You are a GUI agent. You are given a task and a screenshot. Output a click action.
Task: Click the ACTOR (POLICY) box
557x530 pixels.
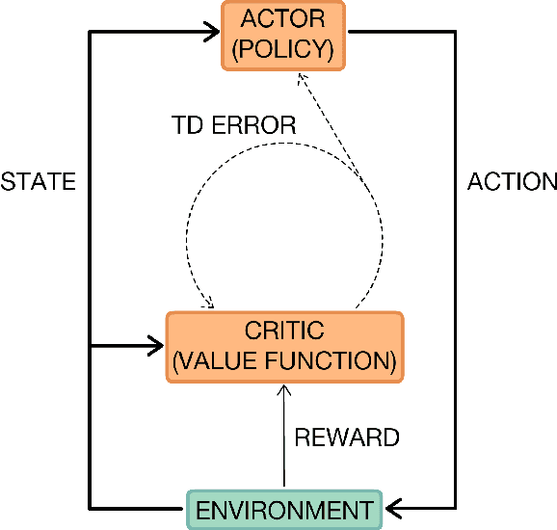tap(283, 35)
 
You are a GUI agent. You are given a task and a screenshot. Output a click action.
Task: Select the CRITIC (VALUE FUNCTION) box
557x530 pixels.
tap(283, 345)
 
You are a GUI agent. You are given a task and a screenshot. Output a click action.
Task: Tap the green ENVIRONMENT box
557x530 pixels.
tap(283, 508)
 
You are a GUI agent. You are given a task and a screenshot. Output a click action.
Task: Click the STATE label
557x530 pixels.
tap(38, 181)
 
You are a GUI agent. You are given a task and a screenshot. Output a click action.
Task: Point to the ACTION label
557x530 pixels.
tap(512, 181)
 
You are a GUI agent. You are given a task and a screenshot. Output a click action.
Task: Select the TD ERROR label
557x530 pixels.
tap(232, 126)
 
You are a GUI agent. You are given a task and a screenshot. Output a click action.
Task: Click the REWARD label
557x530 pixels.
tap(346, 437)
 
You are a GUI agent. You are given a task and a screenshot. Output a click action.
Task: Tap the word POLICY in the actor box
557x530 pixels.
tap(283, 48)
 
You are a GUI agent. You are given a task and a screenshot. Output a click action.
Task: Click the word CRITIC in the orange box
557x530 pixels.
tap(284, 331)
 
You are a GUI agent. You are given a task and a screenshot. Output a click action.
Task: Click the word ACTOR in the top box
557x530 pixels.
tap(283, 20)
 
